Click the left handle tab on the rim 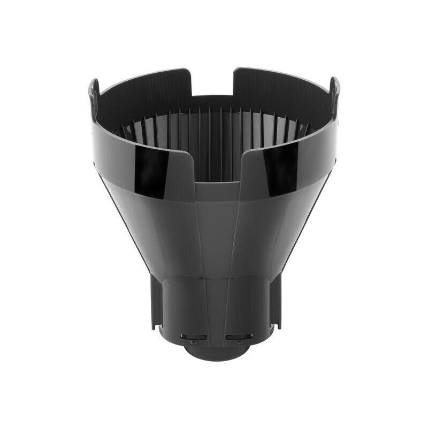point(93,91)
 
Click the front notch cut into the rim point(216,166)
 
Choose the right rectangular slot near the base point(235,337)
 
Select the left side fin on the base point(155,305)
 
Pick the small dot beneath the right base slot point(239,342)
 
